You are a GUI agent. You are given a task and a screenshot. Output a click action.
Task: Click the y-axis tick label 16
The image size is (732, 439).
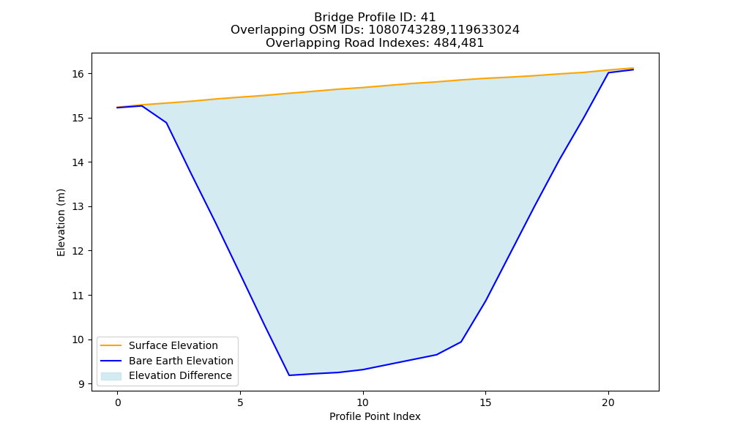[x=78, y=74]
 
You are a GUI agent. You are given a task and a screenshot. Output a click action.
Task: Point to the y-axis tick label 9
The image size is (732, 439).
[x=81, y=384]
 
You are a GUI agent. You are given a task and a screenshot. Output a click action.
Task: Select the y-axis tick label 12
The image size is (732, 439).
[x=78, y=251]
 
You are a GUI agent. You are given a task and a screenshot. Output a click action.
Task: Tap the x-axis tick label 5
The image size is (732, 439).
[x=240, y=402]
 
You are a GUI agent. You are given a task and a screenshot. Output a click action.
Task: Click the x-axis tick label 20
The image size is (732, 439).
[x=608, y=402]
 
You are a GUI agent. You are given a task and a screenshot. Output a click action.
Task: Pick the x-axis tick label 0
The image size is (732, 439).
[x=118, y=402]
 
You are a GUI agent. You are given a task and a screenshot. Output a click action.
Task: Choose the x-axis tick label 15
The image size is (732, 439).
[x=485, y=402]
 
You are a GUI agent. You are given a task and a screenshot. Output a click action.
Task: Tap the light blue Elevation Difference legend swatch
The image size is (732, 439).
[x=111, y=376]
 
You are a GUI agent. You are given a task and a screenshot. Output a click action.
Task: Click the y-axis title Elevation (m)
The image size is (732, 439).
[x=61, y=222]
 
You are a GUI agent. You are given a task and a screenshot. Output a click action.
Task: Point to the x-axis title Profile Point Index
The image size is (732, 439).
[x=375, y=416]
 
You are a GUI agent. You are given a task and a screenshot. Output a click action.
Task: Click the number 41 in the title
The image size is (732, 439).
[x=428, y=18]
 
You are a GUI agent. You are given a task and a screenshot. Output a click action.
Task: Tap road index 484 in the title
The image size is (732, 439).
[x=444, y=43]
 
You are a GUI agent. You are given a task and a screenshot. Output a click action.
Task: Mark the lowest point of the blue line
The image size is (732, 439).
[x=289, y=375]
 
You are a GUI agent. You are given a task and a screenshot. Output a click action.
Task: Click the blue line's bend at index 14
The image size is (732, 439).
[x=461, y=342]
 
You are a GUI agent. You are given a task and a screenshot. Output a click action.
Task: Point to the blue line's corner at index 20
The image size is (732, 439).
[x=608, y=72]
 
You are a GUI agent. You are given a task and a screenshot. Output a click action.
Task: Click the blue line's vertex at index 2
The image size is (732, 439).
[x=167, y=123]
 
